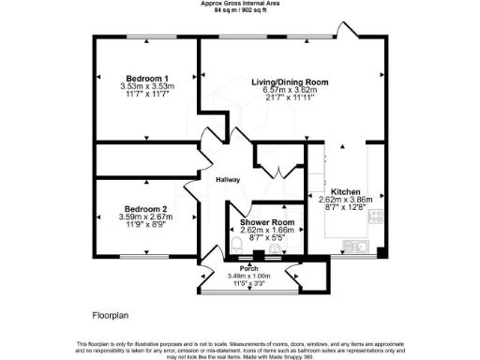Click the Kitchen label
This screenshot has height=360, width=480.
pos(346,191)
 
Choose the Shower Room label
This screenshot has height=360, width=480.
pos(267,222)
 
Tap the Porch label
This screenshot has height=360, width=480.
pos(249,268)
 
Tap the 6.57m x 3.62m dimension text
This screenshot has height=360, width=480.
pos(292,91)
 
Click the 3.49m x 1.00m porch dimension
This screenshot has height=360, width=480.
pos(249,276)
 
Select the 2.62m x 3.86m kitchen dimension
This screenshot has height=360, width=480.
pos(346,200)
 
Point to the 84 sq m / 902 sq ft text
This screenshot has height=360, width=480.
pos(239,11)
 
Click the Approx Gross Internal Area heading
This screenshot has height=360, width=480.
pos(239,4)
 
